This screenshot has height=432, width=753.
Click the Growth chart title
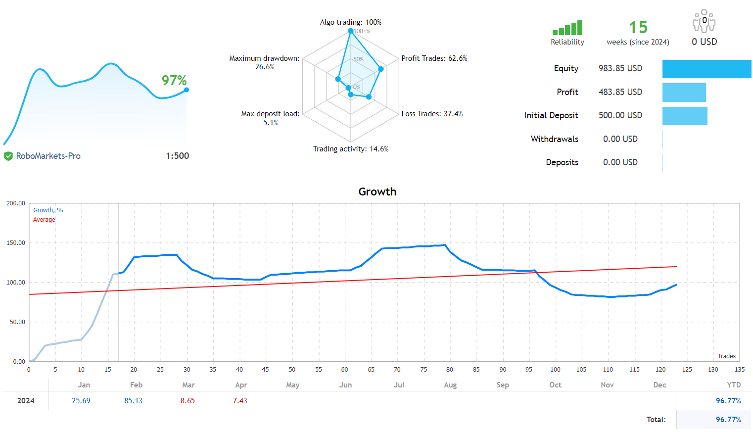point(377,192)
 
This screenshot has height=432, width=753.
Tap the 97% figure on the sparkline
point(174,80)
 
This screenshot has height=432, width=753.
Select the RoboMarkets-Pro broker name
point(48,156)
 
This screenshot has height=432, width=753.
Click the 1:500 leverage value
point(177,156)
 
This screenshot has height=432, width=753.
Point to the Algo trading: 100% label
point(350,22)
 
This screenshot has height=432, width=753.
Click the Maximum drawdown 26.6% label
point(265,62)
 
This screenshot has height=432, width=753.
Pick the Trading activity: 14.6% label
point(350,149)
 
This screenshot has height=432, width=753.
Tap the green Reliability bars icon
point(567,28)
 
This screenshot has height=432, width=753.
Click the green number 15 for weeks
point(638,27)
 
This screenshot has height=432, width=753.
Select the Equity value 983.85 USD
point(620,68)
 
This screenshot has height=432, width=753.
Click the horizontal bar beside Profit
point(684,93)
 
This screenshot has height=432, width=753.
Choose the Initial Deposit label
point(551,115)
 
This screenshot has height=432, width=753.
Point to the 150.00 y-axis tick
point(16,243)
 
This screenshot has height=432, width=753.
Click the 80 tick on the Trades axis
point(449,370)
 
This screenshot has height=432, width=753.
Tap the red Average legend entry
point(44,220)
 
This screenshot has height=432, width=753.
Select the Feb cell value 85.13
point(133,401)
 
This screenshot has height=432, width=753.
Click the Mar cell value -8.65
point(186,401)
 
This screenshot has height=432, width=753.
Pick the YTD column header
point(733,385)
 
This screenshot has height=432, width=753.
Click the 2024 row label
point(26,401)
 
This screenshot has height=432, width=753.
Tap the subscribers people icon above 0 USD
point(704,21)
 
